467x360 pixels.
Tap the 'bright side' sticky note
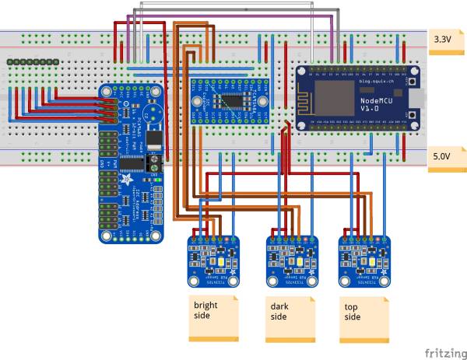[x=212, y=316]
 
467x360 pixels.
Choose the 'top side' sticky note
[x=363, y=316]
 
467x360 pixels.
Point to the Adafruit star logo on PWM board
[x=125, y=182]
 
